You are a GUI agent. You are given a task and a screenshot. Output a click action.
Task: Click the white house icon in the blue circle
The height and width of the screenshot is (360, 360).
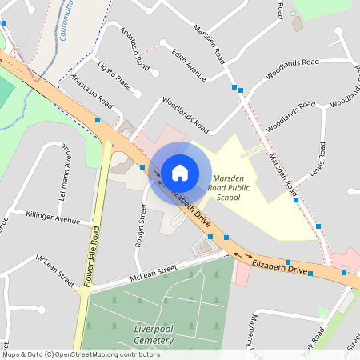pos(180,172)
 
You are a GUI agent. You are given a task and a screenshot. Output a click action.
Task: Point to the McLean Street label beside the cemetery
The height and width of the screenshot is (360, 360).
pos(142,277)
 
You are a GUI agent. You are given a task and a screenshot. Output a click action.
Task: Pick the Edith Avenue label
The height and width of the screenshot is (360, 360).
pos(190,64)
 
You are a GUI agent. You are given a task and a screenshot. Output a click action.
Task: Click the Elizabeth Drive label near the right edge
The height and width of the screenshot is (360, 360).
pos(280,267)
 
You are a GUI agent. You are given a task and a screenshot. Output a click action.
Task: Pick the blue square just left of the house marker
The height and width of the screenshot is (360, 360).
pos(142,166)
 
